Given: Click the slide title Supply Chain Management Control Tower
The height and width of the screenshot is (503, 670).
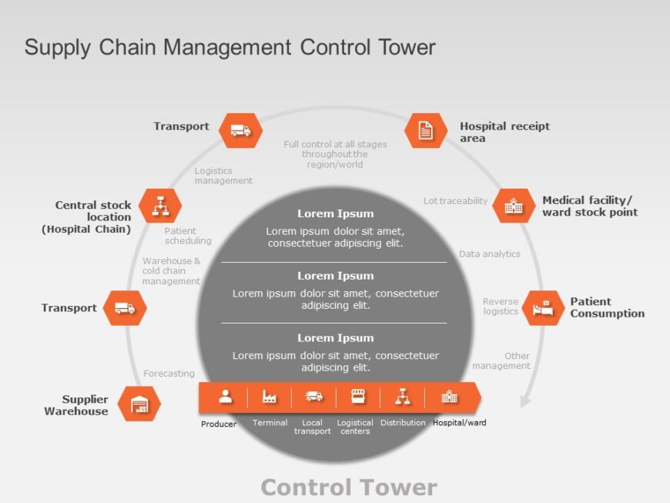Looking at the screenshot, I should click(x=229, y=48).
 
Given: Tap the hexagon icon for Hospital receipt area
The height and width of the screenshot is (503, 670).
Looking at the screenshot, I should click(x=425, y=130).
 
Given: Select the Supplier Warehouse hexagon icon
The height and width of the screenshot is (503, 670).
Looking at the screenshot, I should click(x=139, y=404).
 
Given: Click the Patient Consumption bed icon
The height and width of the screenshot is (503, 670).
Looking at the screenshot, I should click(x=544, y=307).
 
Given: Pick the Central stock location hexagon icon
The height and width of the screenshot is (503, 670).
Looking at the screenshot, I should click(x=161, y=206).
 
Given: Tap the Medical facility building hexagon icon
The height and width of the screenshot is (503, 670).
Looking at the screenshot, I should click(x=514, y=206).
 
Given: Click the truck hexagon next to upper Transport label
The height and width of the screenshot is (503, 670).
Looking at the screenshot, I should click(x=240, y=130).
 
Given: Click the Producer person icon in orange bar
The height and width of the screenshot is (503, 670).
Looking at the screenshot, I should click(x=226, y=397).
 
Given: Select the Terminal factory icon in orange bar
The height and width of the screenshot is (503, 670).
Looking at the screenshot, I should click(x=270, y=397).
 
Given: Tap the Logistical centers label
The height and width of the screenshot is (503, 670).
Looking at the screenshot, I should click(x=355, y=427).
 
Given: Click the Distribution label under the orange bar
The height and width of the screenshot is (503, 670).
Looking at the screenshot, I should click(x=403, y=423).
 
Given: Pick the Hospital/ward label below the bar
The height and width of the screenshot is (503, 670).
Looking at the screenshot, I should click(x=459, y=423).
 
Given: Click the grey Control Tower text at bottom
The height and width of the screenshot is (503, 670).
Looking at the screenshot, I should click(x=349, y=487).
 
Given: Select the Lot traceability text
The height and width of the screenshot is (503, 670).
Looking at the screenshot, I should click(x=455, y=201).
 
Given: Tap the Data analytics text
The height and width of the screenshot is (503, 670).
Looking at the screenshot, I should click(x=490, y=254).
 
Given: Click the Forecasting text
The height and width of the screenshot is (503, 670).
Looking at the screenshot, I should click(x=169, y=374).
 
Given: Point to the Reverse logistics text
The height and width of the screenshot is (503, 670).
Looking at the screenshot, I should click(x=501, y=307).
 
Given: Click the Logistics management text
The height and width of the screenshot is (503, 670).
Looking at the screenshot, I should click(x=223, y=176).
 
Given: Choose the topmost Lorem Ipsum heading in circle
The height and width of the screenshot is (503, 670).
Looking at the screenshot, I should click(x=336, y=214).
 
